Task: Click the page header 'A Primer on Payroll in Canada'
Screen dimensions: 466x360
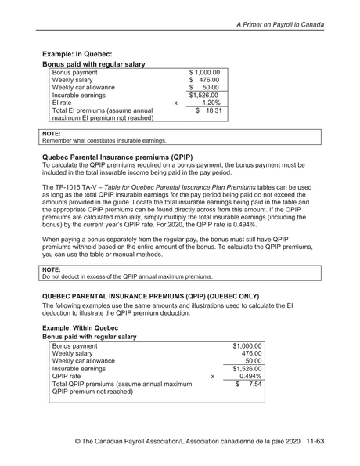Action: pos(290,26)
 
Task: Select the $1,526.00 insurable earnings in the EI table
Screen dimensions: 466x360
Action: pos(204,93)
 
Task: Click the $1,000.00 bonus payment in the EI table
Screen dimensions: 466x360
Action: pos(204,73)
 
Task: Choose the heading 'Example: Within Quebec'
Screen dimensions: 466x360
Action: pos(85,325)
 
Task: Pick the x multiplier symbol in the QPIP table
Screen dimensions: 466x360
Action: pos(213,375)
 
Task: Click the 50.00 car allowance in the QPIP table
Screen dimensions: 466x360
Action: pos(253,365)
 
